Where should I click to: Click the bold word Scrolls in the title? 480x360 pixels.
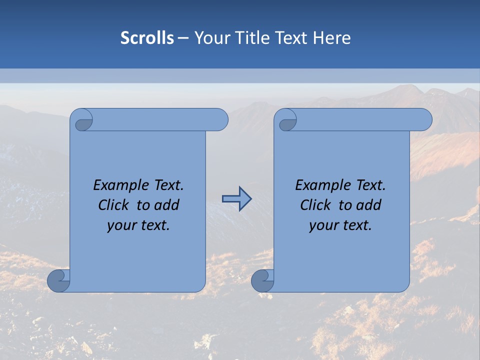147,38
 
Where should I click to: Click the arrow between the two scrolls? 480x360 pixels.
236,199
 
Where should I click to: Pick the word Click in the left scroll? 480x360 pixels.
114,205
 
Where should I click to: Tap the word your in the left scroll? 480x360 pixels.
121,225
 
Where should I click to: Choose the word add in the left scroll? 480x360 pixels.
167,205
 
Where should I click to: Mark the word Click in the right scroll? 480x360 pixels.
316,205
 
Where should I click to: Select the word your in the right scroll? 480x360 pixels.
323,225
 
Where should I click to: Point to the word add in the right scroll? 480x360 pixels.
369,205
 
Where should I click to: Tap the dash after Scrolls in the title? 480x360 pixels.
183,38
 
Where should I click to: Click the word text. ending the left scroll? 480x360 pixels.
154,225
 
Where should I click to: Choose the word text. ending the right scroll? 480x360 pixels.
356,225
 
